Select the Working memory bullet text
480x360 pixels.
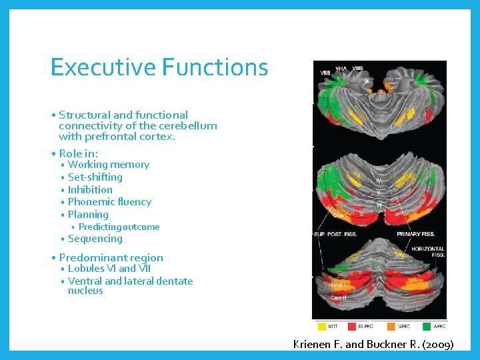(x=109, y=165)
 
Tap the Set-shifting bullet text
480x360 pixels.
(x=95, y=177)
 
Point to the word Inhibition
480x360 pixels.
(x=90, y=189)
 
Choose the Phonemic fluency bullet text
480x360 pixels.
(x=109, y=202)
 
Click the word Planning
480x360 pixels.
(x=88, y=215)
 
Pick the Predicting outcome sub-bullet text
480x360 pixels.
(x=119, y=227)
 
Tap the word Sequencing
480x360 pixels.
(x=95, y=239)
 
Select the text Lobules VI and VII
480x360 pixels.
(x=109, y=269)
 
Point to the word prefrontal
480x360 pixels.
(x=109, y=137)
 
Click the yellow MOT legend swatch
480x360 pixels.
(x=322, y=327)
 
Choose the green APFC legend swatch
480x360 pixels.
(x=427, y=327)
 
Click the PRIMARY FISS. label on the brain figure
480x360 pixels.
(x=417, y=235)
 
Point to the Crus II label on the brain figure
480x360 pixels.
(x=339, y=297)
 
